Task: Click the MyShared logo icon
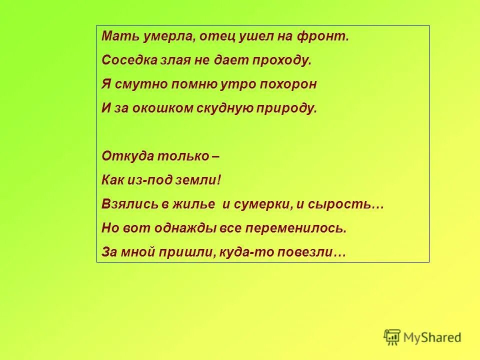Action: pos(392,337)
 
